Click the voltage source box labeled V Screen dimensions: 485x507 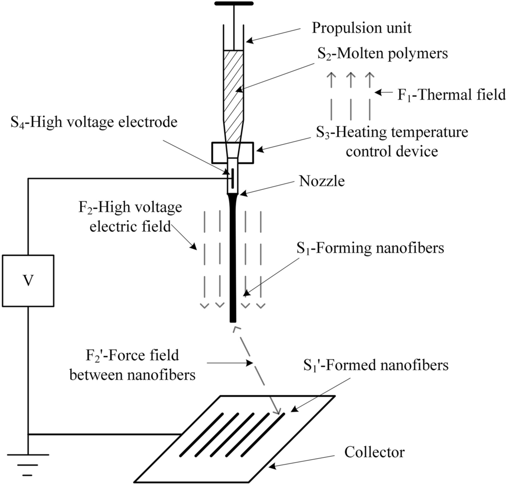(28, 281)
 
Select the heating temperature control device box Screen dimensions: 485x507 (232, 153)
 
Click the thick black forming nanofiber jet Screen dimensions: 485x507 (233, 262)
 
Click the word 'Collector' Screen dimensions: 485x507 (374, 451)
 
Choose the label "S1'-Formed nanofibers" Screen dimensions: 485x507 (376, 365)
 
